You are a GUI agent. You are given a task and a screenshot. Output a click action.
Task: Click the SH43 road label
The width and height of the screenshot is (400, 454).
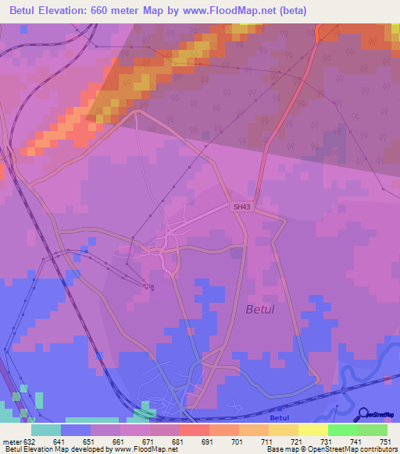coord(241,207)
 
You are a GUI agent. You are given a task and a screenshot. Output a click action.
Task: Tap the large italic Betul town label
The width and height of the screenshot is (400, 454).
coord(260,310)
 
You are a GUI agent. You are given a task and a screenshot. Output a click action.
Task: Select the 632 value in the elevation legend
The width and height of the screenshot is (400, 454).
coord(30,441)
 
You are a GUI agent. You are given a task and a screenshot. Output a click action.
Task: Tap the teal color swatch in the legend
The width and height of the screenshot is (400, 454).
coord(46,430)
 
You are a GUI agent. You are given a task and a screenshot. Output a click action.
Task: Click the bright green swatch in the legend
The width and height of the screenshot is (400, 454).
coord(343,430)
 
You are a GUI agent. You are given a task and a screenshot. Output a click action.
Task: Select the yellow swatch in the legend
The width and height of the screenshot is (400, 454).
coord(313,430)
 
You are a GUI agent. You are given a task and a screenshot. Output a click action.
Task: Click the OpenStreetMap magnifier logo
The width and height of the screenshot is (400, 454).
coord(364,415)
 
